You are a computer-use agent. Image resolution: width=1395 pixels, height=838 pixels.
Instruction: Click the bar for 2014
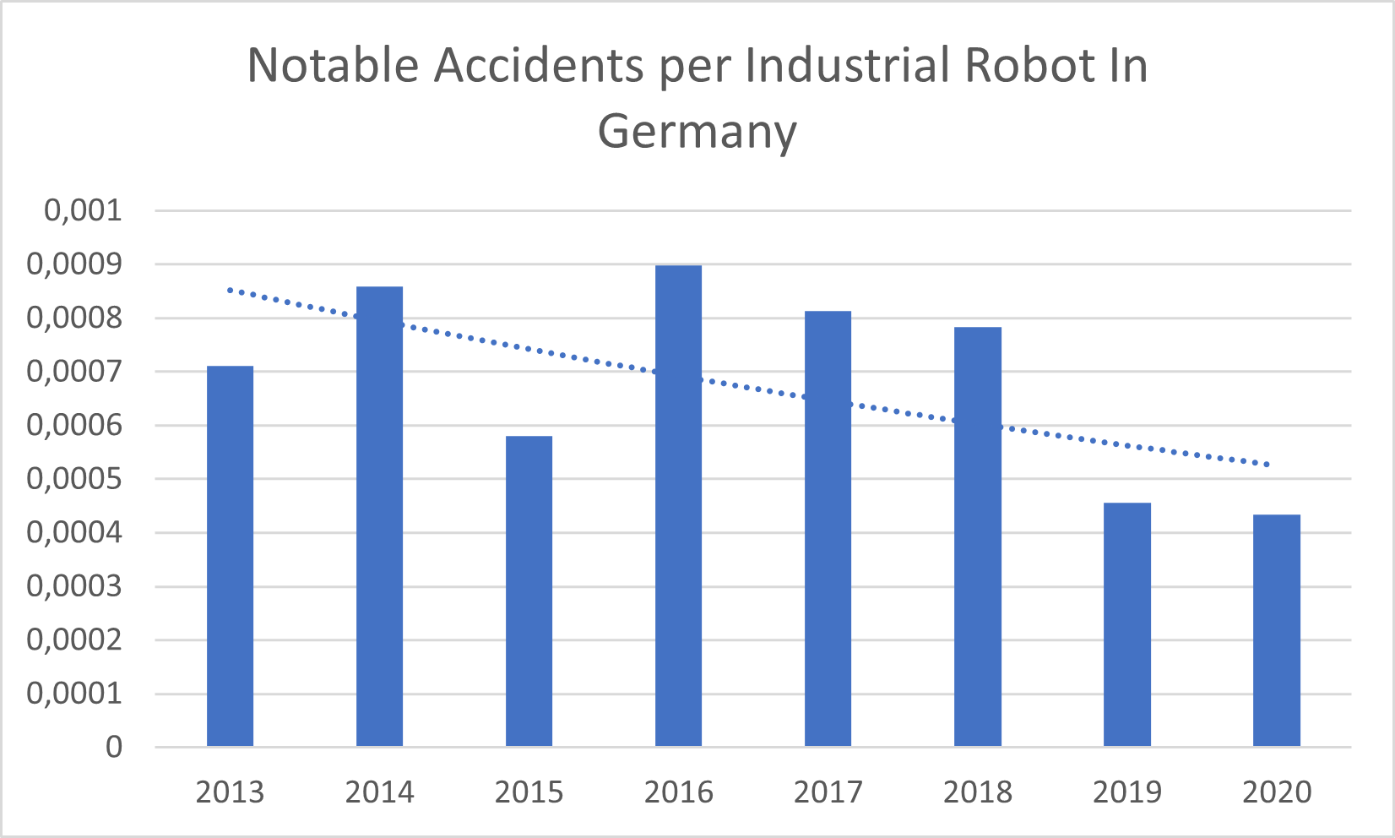[x=379, y=516]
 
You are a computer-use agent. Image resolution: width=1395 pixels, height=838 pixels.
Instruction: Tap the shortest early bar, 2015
[x=529, y=591]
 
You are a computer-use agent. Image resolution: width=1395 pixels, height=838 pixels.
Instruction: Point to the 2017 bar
[x=828, y=529]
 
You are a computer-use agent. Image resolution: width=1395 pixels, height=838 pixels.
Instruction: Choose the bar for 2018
[x=977, y=536]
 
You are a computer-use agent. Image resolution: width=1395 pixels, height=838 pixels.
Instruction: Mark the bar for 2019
[x=1126, y=624]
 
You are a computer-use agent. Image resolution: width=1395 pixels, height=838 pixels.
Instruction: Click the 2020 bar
[x=1276, y=630]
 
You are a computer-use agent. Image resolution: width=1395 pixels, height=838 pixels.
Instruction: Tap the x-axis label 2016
[x=678, y=792]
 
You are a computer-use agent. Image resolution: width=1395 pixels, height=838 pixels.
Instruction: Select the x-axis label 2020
[x=1277, y=792]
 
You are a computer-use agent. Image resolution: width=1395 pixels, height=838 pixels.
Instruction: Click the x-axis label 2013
[x=230, y=792]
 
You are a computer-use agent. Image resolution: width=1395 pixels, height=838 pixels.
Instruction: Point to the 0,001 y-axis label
[x=83, y=210]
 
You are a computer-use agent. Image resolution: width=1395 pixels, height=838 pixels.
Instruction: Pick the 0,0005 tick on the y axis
[x=74, y=479]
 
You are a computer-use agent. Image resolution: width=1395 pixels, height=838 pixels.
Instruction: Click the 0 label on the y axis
[x=114, y=747]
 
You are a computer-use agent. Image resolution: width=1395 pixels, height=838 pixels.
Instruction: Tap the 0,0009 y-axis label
[x=74, y=264]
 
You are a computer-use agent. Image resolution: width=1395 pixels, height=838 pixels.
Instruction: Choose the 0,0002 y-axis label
[x=74, y=639]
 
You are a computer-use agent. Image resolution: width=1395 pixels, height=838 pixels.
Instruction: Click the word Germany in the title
[x=697, y=133]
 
